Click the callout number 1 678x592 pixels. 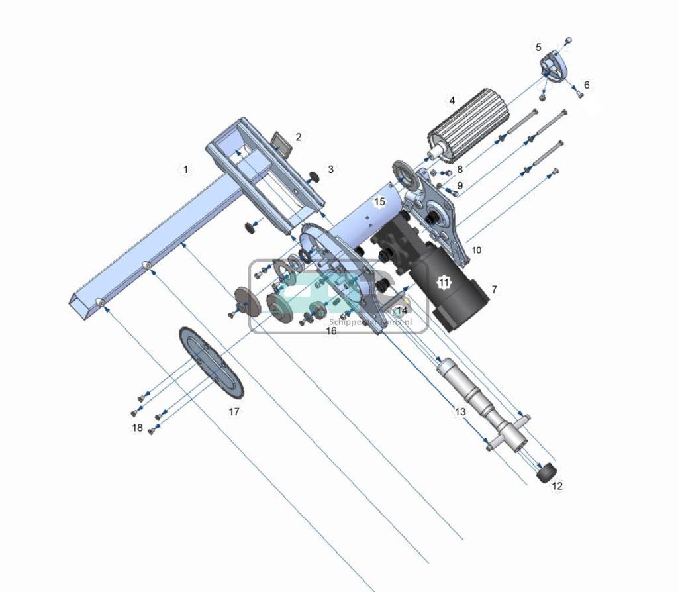(x=186, y=170)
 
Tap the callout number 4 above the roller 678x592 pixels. (x=452, y=101)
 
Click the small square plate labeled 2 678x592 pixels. (x=282, y=143)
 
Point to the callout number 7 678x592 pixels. (x=494, y=289)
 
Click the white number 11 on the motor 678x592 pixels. (x=443, y=283)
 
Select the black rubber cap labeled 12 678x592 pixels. (x=546, y=474)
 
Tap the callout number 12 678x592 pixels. (x=557, y=486)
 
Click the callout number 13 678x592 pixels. (x=460, y=412)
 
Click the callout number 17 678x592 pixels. (x=234, y=412)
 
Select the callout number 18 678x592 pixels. (x=137, y=428)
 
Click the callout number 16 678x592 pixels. (x=331, y=331)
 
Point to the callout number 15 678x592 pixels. (x=379, y=201)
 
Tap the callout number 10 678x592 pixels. (x=476, y=250)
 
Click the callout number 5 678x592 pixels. (x=538, y=47)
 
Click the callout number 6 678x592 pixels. (x=586, y=85)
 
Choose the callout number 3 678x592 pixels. (x=331, y=170)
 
